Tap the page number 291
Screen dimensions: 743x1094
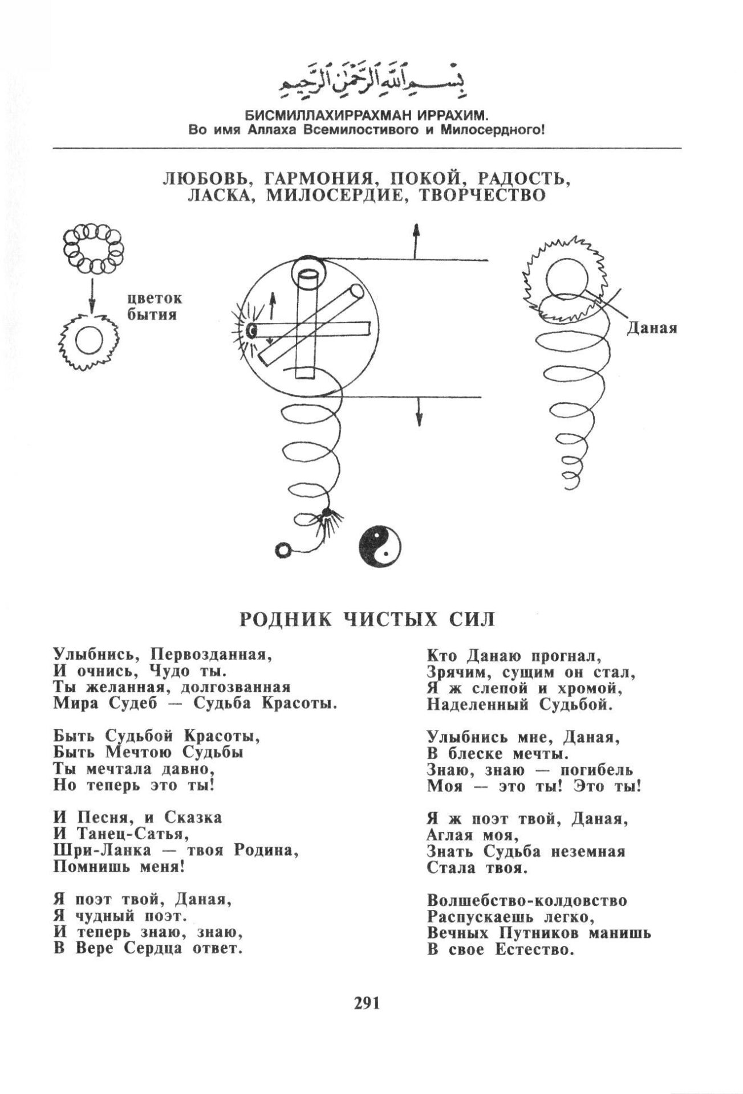coord(367,1018)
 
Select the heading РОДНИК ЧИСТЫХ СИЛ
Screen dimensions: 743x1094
coord(367,618)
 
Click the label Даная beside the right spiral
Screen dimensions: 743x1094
coord(652,328)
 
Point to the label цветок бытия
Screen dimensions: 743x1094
coord(152,306)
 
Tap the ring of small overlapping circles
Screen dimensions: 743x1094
coord(91,247)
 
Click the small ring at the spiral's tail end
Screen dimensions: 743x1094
coord(283,550)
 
